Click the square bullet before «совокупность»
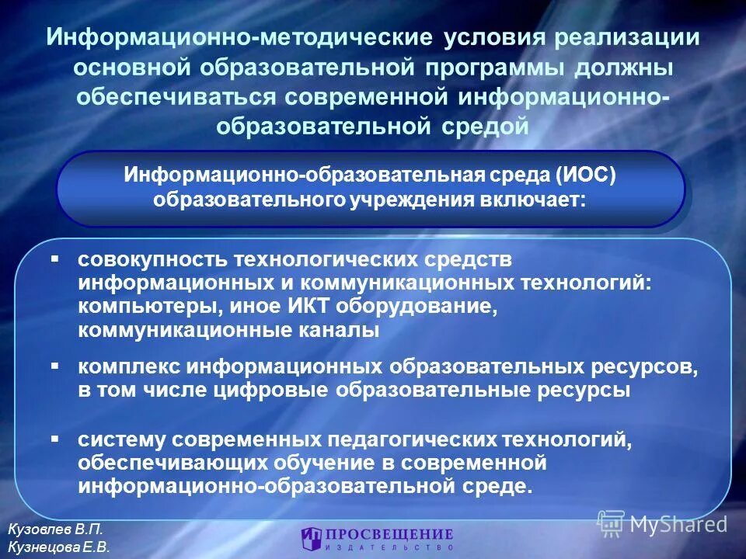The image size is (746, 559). (56, 257)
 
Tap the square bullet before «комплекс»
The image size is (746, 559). (56, 363)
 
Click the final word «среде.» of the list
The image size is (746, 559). (499, 487)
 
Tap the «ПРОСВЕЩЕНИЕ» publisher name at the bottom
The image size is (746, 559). (389, 534)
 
